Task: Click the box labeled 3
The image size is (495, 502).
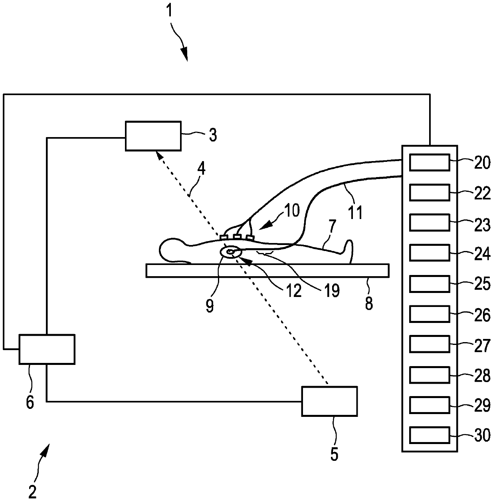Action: tap(153, 135)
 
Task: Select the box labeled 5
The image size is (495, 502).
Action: tap(329, 401)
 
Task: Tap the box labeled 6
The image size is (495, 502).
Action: tap(47, 349)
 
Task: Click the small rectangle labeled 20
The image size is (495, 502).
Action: tap(430, 162)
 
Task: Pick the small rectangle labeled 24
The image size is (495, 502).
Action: tap(430, 253)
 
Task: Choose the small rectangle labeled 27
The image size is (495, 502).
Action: tap(430, 344)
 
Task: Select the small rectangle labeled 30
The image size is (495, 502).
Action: tap(430, 435)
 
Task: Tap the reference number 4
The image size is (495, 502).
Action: tap(202, 170)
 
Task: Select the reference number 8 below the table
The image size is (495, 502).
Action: tap(369, 304)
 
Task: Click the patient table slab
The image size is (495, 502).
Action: tap(267, 270)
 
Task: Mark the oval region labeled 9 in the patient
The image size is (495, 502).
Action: tap(231, 252)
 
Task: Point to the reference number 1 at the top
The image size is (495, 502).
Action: tap(169, 10)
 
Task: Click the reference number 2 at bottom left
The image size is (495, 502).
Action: tap(33, 491)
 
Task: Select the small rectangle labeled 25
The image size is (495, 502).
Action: tap(430, 283)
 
